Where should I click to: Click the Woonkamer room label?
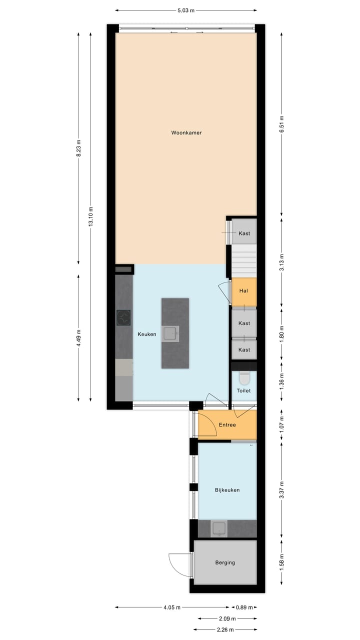(x=186, y=133)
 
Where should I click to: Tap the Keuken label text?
(x=147, y=334)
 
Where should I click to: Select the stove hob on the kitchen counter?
(x=124, y=317)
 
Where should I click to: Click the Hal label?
(x=244, y=290)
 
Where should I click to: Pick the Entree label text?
(x=227, y=425)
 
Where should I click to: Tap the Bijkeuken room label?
(x=227, y=490)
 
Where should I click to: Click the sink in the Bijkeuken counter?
(x=219, y=528)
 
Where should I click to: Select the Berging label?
(x=225, y=562)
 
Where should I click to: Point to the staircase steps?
(x=243, y=260)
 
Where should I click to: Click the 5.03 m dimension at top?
(x=185, y=10)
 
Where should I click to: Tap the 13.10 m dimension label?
(x=90, y=216)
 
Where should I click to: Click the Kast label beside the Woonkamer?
(x=244, y=233)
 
